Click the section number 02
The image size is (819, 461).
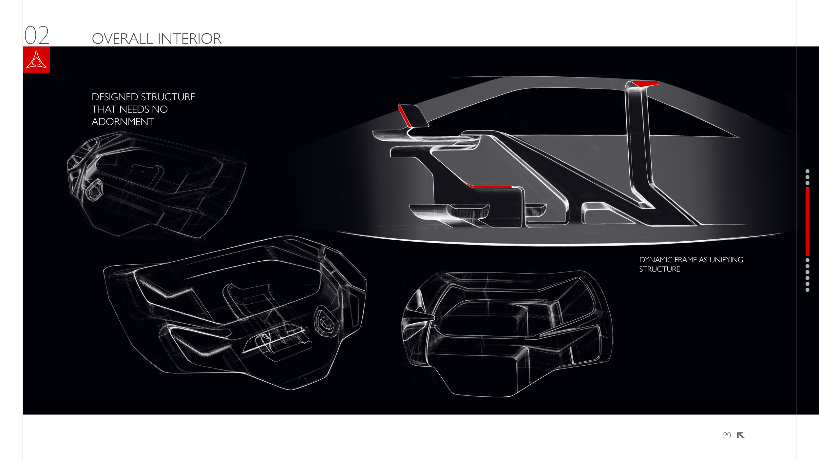37,35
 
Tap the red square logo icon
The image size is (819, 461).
36,60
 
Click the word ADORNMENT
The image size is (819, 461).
123,122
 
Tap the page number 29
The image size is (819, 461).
727,435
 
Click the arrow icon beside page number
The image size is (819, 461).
740,435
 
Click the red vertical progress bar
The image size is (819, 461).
808,221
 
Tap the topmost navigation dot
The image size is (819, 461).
808,171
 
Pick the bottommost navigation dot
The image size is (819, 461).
808,290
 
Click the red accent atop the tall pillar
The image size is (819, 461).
645,83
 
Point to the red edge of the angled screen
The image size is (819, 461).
404,115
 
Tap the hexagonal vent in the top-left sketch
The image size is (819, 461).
94,190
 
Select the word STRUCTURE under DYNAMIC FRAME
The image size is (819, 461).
659,269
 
